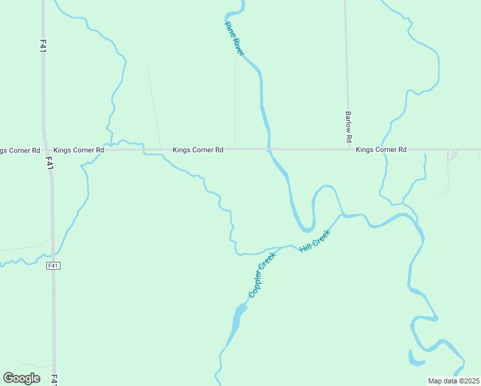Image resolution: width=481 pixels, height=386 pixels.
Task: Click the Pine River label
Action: click(233, 39)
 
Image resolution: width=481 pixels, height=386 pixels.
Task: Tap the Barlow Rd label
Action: click(348, 127)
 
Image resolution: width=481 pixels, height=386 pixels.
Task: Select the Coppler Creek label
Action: click(262, 275)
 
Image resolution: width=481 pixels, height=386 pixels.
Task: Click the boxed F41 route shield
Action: click(53, 265)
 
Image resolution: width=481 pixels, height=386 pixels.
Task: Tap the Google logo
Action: click(21, 378)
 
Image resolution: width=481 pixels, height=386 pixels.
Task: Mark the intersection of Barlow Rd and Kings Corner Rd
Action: click(349, 150)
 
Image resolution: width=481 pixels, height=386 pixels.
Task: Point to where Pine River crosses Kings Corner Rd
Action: click(269, 150)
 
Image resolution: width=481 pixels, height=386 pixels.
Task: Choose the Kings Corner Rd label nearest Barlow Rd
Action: click(381, 150)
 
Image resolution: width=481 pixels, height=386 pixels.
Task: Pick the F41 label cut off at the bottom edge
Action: click(54, 380)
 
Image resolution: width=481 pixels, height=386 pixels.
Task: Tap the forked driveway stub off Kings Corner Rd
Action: click(453, 154)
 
